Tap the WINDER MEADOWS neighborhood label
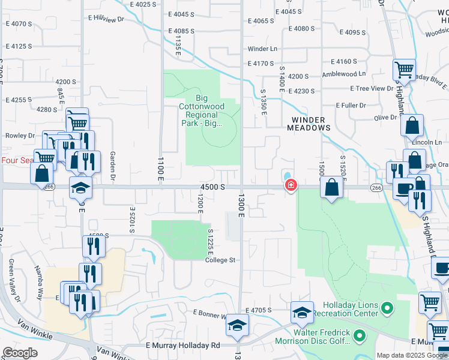(309, 123)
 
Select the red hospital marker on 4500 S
(291, 185)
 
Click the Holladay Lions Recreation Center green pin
(387, 309)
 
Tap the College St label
(220, 260)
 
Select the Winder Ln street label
(262, 49)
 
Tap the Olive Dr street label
(386, 118)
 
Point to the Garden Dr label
(113, 166)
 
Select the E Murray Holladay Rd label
(182, 346)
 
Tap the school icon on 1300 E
(237, 325)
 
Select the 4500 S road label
(212, 187)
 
